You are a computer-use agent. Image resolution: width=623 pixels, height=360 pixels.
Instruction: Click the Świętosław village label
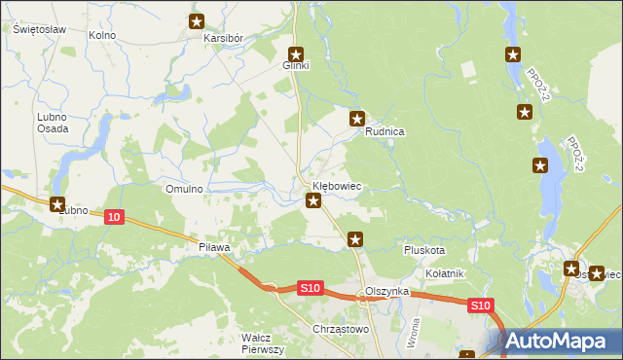[x=39, y=29]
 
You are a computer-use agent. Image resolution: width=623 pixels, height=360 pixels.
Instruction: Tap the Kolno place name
[x=102, y=35]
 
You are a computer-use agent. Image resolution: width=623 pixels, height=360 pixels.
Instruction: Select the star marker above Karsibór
[x=197, y=21]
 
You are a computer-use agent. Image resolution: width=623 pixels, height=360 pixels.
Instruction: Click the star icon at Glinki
[x=296, y=54]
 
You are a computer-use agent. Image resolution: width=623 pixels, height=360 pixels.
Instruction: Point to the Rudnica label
[x=385, y=131]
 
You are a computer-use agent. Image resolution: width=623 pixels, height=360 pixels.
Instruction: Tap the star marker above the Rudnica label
[x=357, y=119]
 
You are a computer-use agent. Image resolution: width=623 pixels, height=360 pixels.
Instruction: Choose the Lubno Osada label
[x=53, y=123]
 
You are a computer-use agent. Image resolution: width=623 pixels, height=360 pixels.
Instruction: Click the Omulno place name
[x=184, y=189]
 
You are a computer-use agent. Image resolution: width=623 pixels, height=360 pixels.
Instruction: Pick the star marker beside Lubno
[x=57, y=205]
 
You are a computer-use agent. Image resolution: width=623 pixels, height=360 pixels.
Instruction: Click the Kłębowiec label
[x=337, y=185]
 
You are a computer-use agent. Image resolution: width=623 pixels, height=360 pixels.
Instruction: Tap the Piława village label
[x=213, y=247]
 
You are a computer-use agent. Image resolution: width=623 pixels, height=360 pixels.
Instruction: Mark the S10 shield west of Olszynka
[x=310, y=288]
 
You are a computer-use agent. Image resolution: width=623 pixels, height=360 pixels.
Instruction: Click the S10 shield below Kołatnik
[x=480, y=306]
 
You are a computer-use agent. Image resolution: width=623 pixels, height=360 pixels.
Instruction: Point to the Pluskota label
[x=424, y=250]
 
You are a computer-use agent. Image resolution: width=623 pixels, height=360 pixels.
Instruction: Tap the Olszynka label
[x=385, y=292]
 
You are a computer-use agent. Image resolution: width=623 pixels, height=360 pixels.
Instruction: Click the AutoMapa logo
[x=563, y=342]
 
